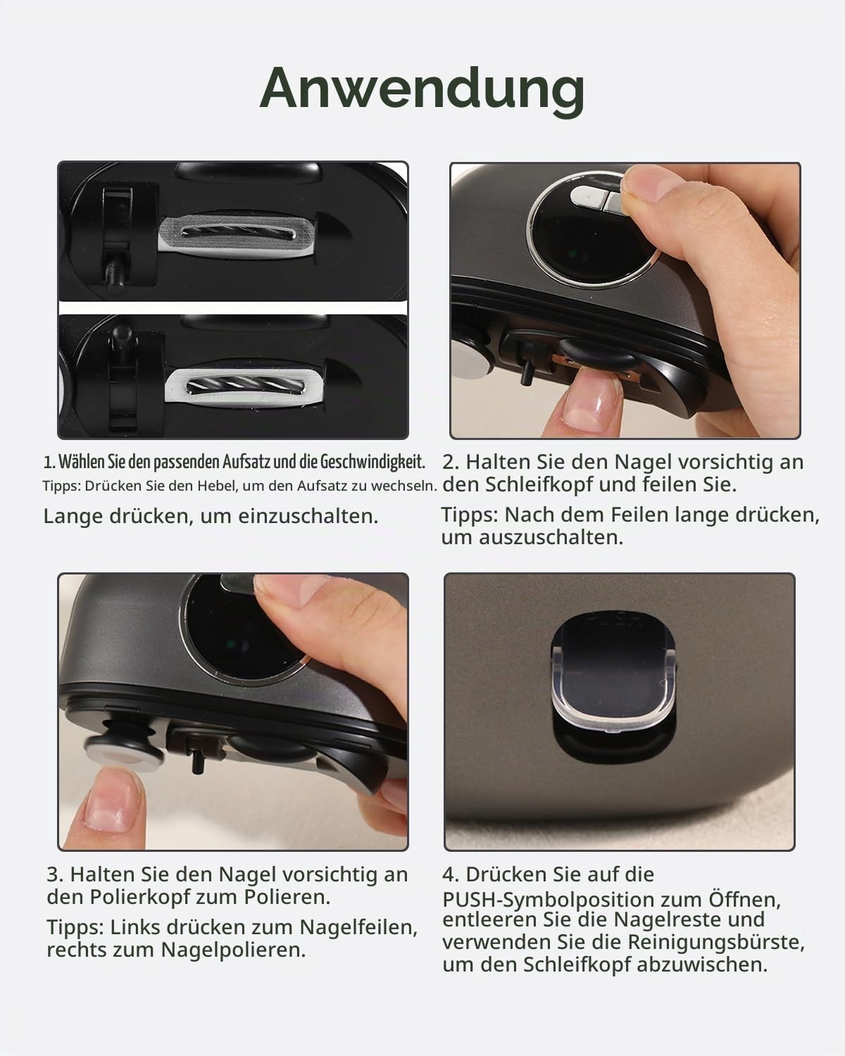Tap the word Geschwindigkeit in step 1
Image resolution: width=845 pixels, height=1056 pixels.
click(373, 462)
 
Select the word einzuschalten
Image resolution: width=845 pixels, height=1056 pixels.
click(308, 516)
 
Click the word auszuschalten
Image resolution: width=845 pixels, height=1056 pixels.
click(551, 537)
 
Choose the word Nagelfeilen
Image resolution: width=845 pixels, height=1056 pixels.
click(358, 927)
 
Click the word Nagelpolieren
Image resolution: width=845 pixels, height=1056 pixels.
click(233, 950)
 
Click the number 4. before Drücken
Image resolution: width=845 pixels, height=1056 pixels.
click(450, 874)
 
